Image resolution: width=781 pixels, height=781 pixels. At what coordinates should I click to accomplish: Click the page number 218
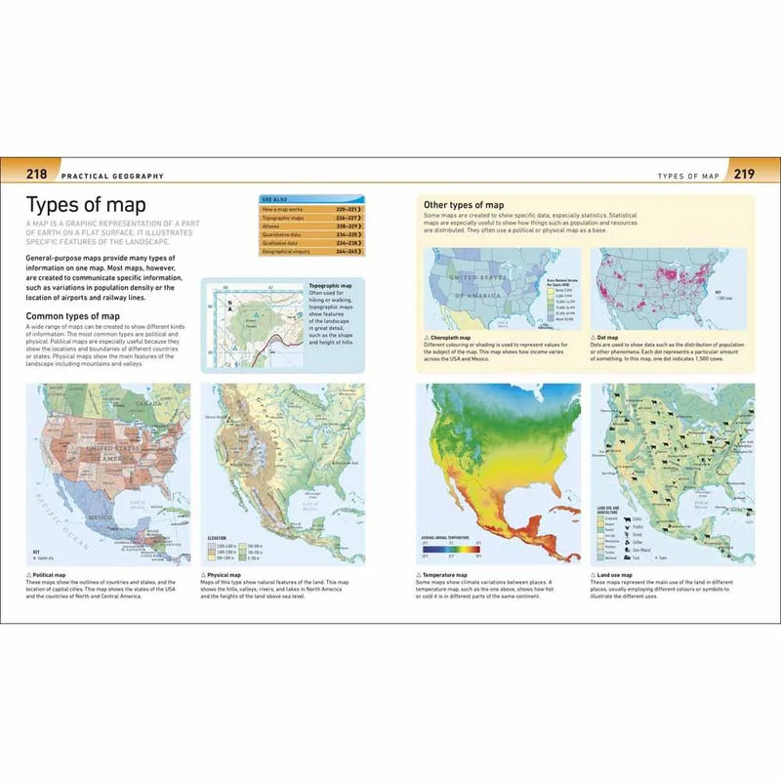[37, 176]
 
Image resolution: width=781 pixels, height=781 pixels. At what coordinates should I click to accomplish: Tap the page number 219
[743, 176]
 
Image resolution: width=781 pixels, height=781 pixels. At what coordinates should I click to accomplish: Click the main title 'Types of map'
[86, 205]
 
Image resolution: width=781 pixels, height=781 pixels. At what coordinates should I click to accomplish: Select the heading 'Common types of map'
[75, 316]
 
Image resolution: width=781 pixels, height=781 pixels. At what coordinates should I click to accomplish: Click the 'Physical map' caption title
[224, 576]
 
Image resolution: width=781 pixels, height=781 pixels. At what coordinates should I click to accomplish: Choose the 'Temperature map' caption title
[447, 576]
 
